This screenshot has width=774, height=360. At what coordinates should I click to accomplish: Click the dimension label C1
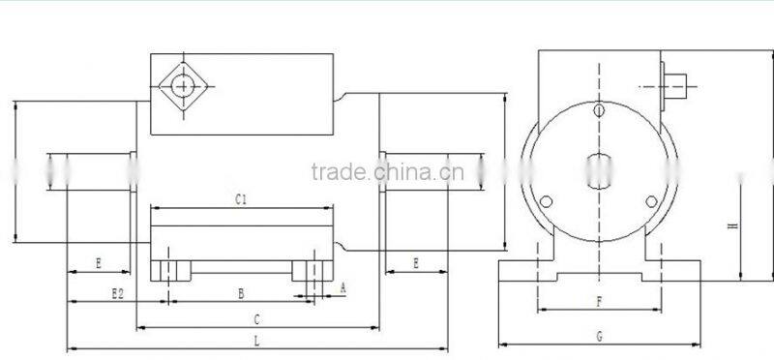[242, 199]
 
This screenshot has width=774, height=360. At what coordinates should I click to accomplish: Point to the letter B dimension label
[240, 291]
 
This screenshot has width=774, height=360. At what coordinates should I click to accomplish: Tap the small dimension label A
[342, 286]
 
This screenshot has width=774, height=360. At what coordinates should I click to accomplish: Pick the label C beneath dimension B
[256, 317]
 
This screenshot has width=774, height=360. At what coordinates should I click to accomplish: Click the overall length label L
[256, 340]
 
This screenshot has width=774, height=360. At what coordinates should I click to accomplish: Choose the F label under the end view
[600, 302]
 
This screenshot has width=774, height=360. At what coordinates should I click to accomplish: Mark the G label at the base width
[600, 336]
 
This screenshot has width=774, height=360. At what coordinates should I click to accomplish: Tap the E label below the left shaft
[99, 262]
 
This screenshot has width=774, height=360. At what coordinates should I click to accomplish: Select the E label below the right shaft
[416, 262]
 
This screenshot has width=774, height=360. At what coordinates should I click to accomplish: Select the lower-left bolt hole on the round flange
[547, 201]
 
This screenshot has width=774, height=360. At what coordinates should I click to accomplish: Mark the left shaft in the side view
[92, 172]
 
